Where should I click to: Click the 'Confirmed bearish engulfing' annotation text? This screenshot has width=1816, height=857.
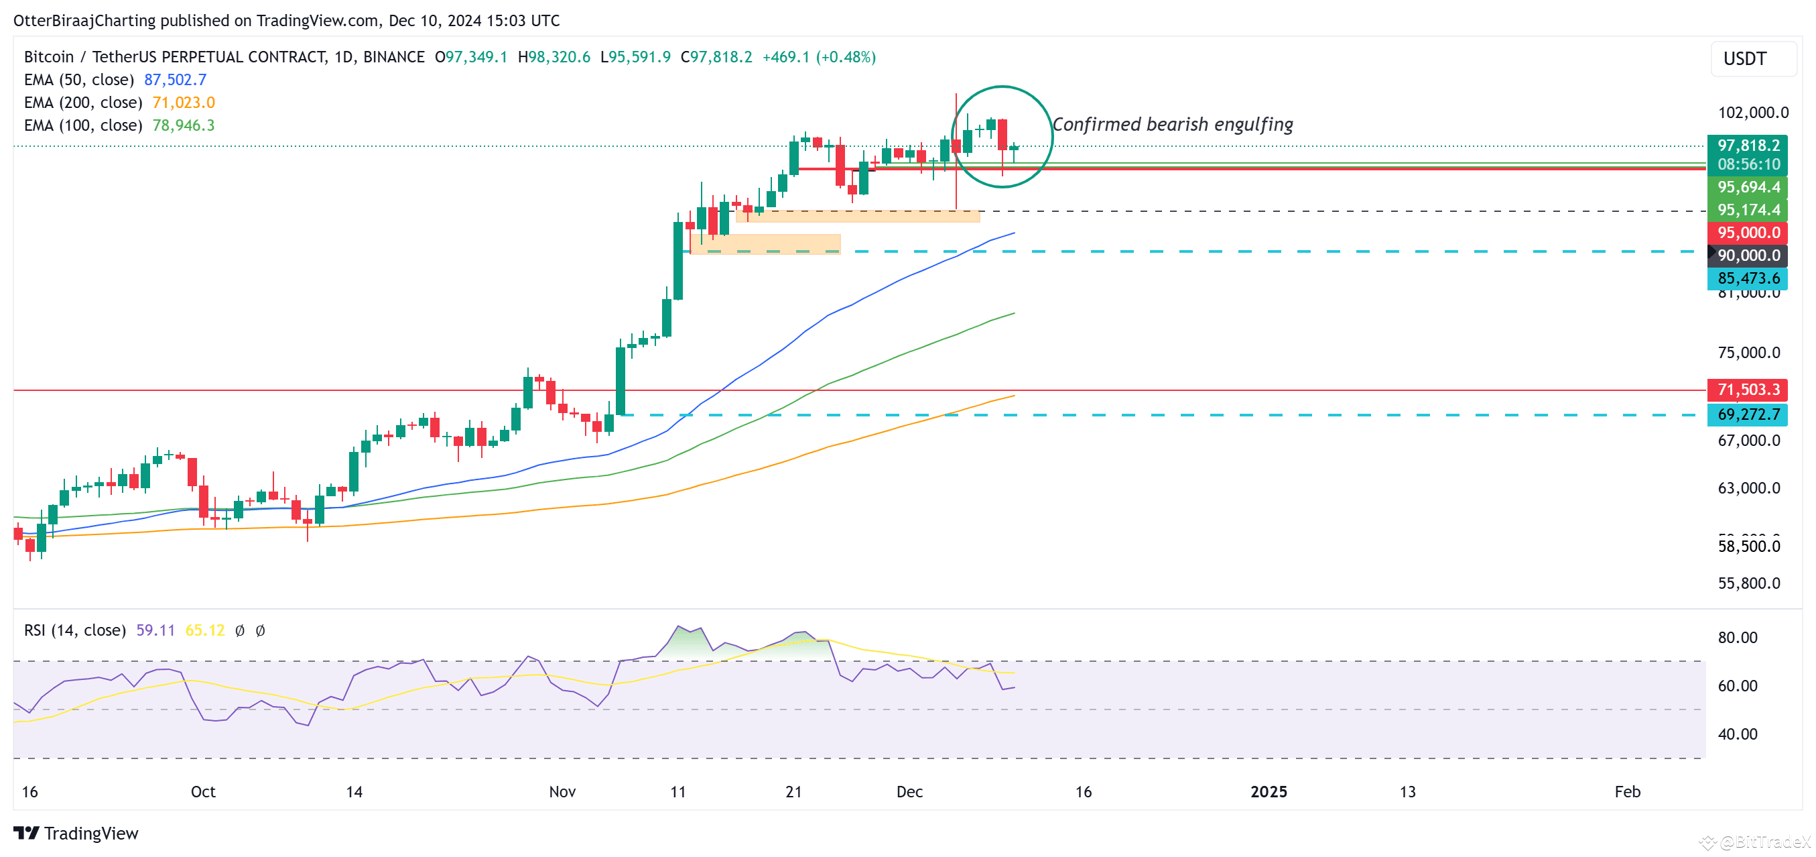(x=1173, y=125)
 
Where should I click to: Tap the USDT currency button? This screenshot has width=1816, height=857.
(x=1745, y=58)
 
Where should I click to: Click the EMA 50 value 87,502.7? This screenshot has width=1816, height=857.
(x=175, y=80)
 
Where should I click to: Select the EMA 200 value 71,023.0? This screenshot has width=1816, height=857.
(x=184, y=103)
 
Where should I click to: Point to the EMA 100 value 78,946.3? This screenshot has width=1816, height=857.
(x=184, y=125)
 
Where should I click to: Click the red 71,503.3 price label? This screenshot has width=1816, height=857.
(x=1748, y=390)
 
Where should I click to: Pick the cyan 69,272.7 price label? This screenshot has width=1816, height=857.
(x=1748, y=414)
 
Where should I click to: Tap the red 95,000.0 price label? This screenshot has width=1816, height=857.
(x=1748, y=233)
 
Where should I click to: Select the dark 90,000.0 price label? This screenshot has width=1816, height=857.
(x=1748, y=255)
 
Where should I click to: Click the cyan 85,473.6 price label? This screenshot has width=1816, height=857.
(x=1748, y=278)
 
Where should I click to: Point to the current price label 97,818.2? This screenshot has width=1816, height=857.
(x=1748, y=146)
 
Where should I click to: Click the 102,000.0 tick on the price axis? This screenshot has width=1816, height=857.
(x=1752, y=113)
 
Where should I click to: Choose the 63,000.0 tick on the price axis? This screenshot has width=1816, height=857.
(x=1748, y=488)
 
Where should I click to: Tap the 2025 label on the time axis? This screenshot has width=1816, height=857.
(x=1269, y=791)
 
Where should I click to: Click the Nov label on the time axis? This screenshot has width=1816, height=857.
(x=562, y=791)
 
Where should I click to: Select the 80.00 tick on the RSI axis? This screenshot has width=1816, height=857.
(x=1737, y=638)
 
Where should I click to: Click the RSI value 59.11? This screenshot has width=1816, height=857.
(x=155, y=630)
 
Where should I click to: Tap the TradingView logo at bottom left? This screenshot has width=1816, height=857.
(x=76, y=833)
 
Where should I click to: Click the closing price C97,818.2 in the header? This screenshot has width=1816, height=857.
(x=716, y=57)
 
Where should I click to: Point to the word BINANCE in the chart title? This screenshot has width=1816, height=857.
(x=393, y=57)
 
